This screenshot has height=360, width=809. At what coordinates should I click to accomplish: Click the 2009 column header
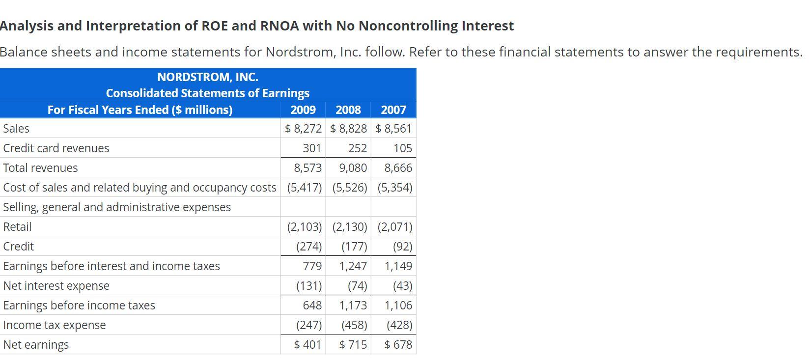click(x=303, y=110)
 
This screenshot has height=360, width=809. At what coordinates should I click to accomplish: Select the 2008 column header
click(x=348, y=110)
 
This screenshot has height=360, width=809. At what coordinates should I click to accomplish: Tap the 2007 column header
click(x=393, y=110)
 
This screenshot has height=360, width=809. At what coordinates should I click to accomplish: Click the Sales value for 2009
click(x=303, y=129)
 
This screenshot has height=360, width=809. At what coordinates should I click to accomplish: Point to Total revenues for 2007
click(x=398, y=168)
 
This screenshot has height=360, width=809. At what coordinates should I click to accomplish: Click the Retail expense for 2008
click(x=349, y=227)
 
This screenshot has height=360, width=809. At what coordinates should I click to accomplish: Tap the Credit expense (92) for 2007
click(x=402, y=247)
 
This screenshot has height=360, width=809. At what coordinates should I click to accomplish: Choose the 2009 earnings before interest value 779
click(x=312, y=266)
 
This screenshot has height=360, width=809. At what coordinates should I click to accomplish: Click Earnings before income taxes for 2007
click(x=398, y=305)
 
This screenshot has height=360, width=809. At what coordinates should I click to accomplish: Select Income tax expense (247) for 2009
click(x=309, y=325)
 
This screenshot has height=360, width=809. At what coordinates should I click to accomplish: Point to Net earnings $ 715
click(x=353, y=345)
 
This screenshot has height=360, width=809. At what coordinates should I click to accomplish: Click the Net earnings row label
click(x=36, y=345)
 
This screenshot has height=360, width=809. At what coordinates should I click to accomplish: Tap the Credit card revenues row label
click(x=56, y=148)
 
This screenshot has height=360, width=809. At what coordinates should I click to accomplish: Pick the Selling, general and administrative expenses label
click(x=117, y=207)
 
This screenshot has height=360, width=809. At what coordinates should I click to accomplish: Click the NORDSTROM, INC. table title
click(x=207, y=77)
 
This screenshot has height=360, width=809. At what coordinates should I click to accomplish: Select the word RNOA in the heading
click(x=279, y=26)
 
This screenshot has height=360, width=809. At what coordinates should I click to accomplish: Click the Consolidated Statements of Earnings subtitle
click(x=207, y=93)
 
